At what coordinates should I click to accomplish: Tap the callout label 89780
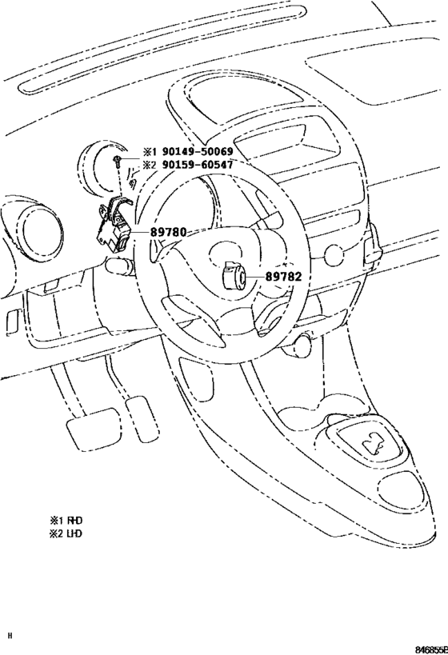pyautogui.click(x=169, y=231)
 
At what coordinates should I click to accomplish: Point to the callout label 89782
pyautogui.click(x=283, y=276)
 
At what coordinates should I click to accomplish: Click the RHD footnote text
pyautogui.click(x=66, y=520)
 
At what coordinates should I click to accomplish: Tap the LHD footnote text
pyautogui.click(x=66, y=533)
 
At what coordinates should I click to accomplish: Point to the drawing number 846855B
pyautogui.click(x=431, y=649)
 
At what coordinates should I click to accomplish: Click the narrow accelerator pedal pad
pyautogui.click(x=142, y=418)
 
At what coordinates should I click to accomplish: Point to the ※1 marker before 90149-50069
pyautogui.click(x=149, y=152)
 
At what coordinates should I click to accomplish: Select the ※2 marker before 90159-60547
pyautogui.click(x=149, y=165)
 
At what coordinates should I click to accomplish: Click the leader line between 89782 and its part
pyautogui.click(x=254, y=276)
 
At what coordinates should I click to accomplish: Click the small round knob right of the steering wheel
pyautogui.click(x=334, y=255)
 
